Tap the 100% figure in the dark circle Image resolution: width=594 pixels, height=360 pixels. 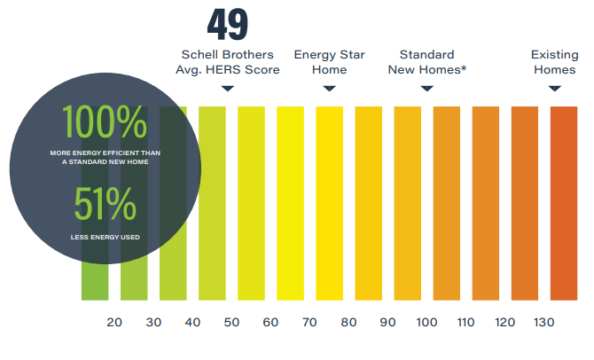tap(105, 123)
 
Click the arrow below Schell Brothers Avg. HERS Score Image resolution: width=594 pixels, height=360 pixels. tap(228, 88)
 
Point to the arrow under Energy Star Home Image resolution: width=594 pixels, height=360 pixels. tap(329, 88)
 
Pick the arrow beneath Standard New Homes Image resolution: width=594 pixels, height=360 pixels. tap(426, 88)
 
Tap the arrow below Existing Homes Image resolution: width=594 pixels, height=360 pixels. tap(554, 88)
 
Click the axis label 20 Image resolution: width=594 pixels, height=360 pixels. tap(114, 323)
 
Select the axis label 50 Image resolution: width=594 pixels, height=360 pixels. tap(231, 323)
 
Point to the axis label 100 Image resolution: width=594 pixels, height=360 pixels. tap(426, 323)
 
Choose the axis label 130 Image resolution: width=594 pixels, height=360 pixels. tap(543, 323)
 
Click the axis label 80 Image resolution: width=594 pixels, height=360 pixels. tap(348, 323)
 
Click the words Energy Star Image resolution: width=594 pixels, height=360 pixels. tap(329, 55)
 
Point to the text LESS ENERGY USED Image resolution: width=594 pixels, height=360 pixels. tap(105, 237)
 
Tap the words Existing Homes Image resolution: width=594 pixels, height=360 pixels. tap(554, 62)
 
